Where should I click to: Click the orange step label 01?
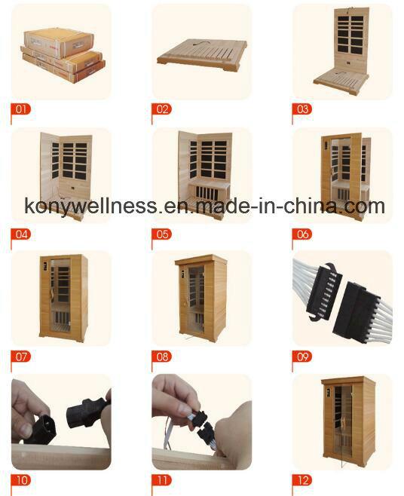click(x=21, y=109)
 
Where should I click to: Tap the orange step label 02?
click(x=161, y=109)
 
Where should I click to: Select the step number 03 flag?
click(x=302, y=109)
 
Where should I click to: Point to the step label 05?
click(x=161, y=234)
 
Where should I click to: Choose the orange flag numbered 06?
click(x=302, y=234)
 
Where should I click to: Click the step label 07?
click(x=21, y=357)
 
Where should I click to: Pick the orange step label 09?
click(x=302, y=357)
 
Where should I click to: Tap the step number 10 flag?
click(x=21, y=480)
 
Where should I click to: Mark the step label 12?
click(x=302, y=480)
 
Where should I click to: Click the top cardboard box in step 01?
click(x=59, y=43)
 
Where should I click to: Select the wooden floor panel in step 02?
click(x=203, y=54)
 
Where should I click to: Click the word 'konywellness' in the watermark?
click(x=90, y=207)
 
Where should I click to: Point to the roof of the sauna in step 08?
click(x=201, y=260)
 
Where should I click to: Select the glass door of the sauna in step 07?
click(x=60, y=295)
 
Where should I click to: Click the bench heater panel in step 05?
click(x=210, y=194)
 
